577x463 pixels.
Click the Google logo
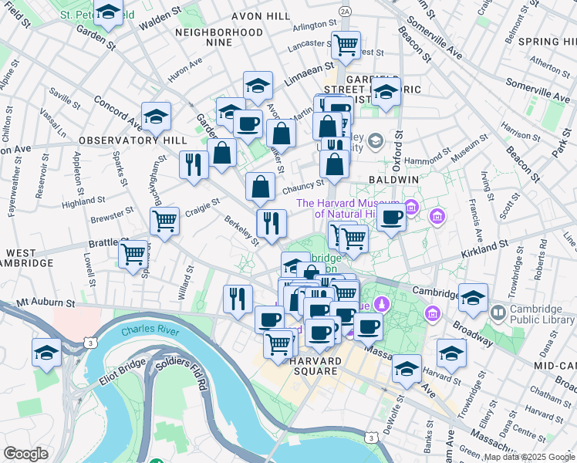[25, 454]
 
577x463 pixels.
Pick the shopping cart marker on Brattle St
[133, 252]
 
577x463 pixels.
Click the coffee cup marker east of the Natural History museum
[392, 218]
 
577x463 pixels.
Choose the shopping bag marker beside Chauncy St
[260, 185]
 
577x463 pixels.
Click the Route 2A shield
[345, 11]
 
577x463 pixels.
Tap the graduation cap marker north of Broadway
[473, 296]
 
